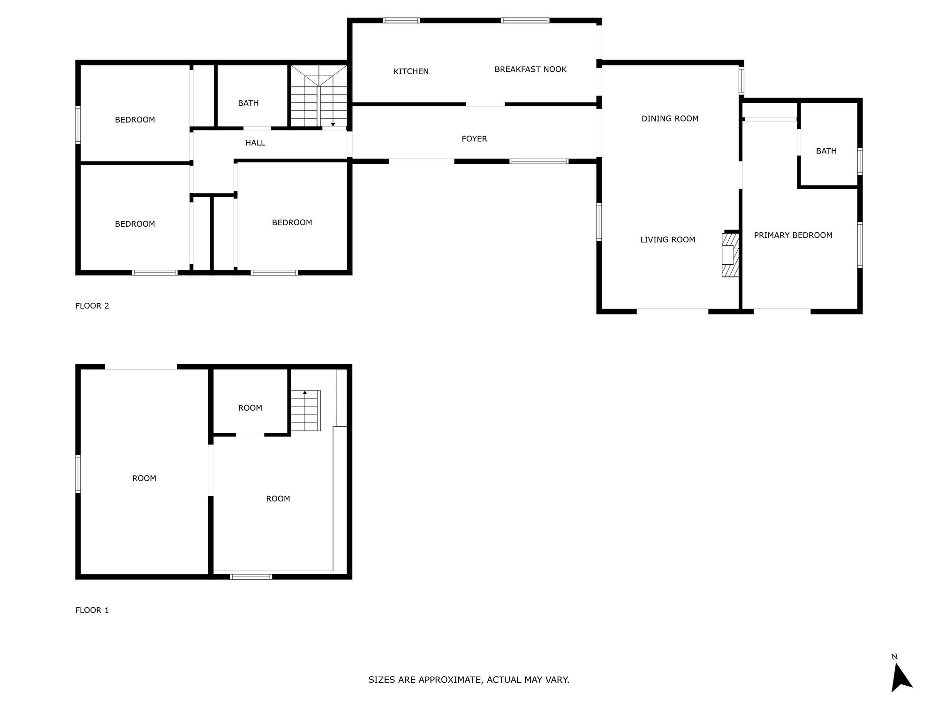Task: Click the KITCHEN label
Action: click(411, 71)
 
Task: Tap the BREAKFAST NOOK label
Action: click(530, 69)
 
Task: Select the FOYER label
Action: click(474, 139)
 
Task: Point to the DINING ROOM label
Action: click(670, 119)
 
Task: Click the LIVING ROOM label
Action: click(667, 240)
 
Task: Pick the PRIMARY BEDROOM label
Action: click(793, 235)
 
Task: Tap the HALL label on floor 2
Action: click(255, 143)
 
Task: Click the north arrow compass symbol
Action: click(901, 678)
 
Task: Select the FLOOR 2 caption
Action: click(92, 306)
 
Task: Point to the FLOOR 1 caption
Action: click(92, 610)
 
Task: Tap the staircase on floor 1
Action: click(305, 411)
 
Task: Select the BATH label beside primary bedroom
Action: click(826, 151)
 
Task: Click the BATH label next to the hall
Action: click(248, 103)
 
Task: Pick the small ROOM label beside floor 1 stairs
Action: click(250, 408)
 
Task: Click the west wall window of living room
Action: click(599, 222)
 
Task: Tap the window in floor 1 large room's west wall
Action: click(78, 474)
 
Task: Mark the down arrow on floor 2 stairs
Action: click(333, 124)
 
